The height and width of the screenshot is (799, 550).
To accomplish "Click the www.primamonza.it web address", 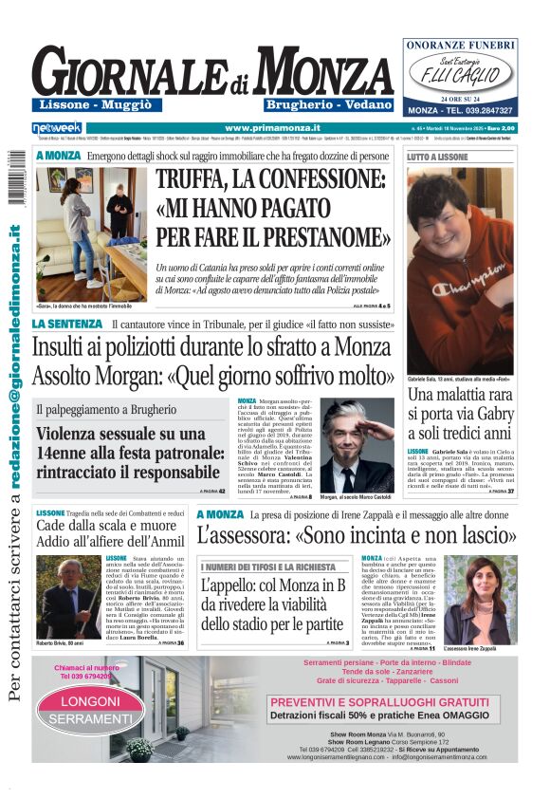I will tap(272, 127).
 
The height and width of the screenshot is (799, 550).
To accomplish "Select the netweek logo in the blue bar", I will tap(57, 127).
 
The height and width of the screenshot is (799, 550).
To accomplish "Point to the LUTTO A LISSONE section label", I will tap(437, 156).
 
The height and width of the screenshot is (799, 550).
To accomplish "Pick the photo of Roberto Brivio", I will tap(68, 595).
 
